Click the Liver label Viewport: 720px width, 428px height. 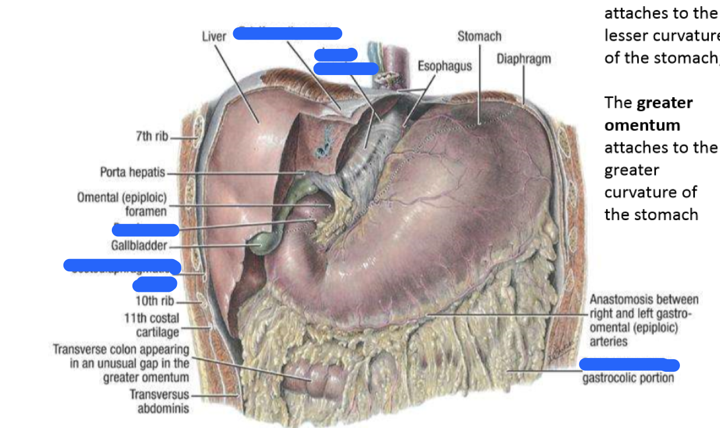tap(214, 37)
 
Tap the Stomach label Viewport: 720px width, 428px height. tap(479, 37)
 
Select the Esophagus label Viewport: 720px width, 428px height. tap(445, 66)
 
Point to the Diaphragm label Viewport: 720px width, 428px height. tap(524, 59)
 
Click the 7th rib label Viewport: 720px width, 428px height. tap(152, 137)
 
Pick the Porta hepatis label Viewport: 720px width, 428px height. tap(132, 172)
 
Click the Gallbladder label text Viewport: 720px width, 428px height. tap(139, 246)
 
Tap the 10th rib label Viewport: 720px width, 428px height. tap(155, 301)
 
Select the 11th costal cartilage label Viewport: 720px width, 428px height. tap(152, 325)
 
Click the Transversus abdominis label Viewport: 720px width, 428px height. tap(160, 401)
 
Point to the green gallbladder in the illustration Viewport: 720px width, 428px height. tap(259, 243)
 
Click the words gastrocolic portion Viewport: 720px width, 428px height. tap(628, 379)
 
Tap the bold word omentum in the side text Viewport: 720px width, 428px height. tap(642, 125)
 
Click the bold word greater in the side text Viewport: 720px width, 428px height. tap(665, 103)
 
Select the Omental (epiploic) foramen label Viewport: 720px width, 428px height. tap(122, 204)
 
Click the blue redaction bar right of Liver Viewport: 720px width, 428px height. tap(287, 34)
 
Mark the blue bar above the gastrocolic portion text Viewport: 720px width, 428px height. tap(629, 365)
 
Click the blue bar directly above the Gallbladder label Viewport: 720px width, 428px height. tap(146, 230)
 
